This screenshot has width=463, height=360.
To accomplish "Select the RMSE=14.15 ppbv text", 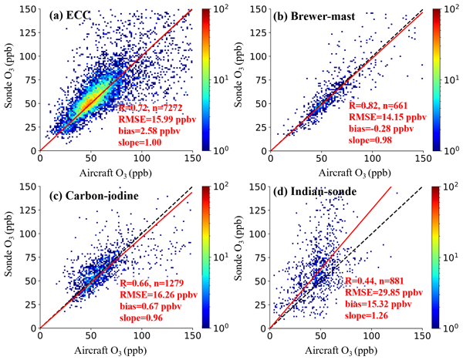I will pos(387,119).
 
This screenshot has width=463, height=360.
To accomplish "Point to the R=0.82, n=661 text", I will pos(382,107).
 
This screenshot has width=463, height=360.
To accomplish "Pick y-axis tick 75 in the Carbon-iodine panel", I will pos(29,258).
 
